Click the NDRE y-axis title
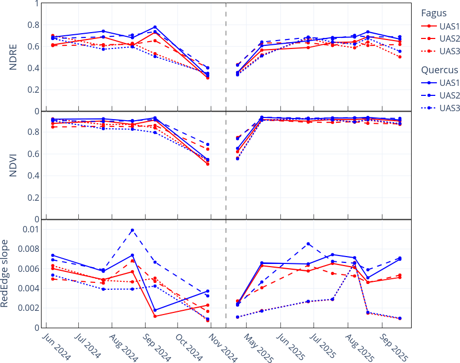coord(14,57)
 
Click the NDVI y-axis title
coord(14,165)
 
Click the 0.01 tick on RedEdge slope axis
coord(29,230)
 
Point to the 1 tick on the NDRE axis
coord(36,3)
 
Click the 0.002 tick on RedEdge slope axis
coord(27,308)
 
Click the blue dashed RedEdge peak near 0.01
coord(132,230)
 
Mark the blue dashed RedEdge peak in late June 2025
coord(308,244)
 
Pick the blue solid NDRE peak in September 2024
coord(155,27)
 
